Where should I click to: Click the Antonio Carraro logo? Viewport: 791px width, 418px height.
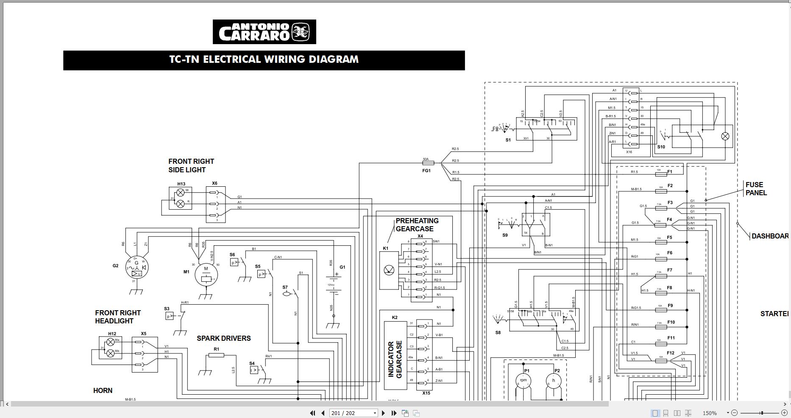pyautogui.click(x=264, y=32)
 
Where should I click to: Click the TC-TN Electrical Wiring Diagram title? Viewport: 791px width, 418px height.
pyautogui.click(x=264, y=59)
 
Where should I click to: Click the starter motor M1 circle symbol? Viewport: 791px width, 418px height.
pyautogui.click(x=206, y=274)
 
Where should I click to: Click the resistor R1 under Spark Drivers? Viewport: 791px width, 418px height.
pyautogui.click(x=216, y=355)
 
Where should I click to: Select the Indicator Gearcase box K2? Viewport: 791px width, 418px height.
pyautogui.click(x=395, y=356)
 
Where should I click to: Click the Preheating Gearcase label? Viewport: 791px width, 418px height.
pyautogui.click(x=417, y=224)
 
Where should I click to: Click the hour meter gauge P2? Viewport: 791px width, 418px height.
pyautogui.click(x=554, y=381)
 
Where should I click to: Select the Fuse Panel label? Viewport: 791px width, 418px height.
pyautogui.click(x=756, y=188)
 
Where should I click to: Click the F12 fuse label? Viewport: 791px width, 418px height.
pyautogui.click(x=670, y=353)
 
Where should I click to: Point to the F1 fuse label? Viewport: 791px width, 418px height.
pyautogui.click(x=670, y=172)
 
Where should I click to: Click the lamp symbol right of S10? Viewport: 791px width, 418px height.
pyautogui.click(x=725, y=136)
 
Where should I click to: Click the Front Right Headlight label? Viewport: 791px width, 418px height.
pyautogui.click(x=117, y=317)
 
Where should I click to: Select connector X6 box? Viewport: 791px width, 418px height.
pyautogui.click(x=215, y=204)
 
